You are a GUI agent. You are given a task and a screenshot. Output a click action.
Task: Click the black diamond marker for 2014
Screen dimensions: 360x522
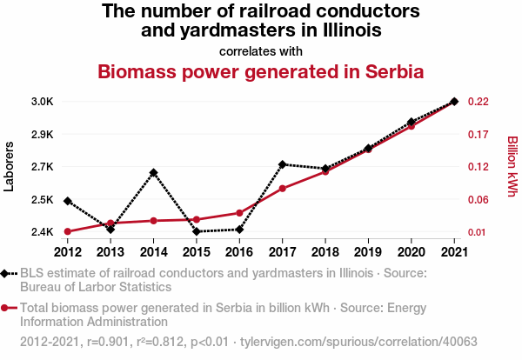pyautogui.click(x=153, y=173)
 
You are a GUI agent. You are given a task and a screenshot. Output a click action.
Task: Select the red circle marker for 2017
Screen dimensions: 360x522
pyautogui.click(x=283, y=189)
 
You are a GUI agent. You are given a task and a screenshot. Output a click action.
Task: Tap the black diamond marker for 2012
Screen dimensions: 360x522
pyautogui.click(x=68, y=201)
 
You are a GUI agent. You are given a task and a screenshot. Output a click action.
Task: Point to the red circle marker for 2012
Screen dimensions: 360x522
pyautogui.click(x=68, y=231)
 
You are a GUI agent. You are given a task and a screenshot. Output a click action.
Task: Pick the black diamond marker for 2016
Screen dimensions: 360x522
pyautogui.click(x=239, y=230)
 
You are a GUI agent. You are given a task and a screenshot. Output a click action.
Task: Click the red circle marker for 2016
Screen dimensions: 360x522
pyautogui.click(x=239, y=213)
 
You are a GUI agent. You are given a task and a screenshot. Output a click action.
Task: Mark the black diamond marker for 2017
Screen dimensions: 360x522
pyautogui.click(x=283, y=164)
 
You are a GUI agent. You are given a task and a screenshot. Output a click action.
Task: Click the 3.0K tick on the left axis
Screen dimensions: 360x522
pyautogui.click(x=43, y=102)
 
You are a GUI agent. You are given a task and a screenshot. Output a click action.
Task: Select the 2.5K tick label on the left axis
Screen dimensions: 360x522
pyautogui.click(x=43, y=200)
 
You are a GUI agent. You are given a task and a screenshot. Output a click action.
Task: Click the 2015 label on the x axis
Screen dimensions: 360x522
pyautogui.click(x=197, y=252)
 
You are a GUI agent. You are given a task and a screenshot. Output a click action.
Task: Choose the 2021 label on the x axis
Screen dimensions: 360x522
pyautogui.click(x=454, y=252)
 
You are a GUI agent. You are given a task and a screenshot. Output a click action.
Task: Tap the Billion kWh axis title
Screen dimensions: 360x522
pyautogui.click(x=512, y=166)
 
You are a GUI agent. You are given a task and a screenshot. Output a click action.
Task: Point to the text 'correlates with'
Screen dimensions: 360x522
pyautogui.click(x=261, y=50)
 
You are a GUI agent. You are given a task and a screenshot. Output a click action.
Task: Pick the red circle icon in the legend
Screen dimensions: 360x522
pyautogui.click(x=6, y=307)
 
